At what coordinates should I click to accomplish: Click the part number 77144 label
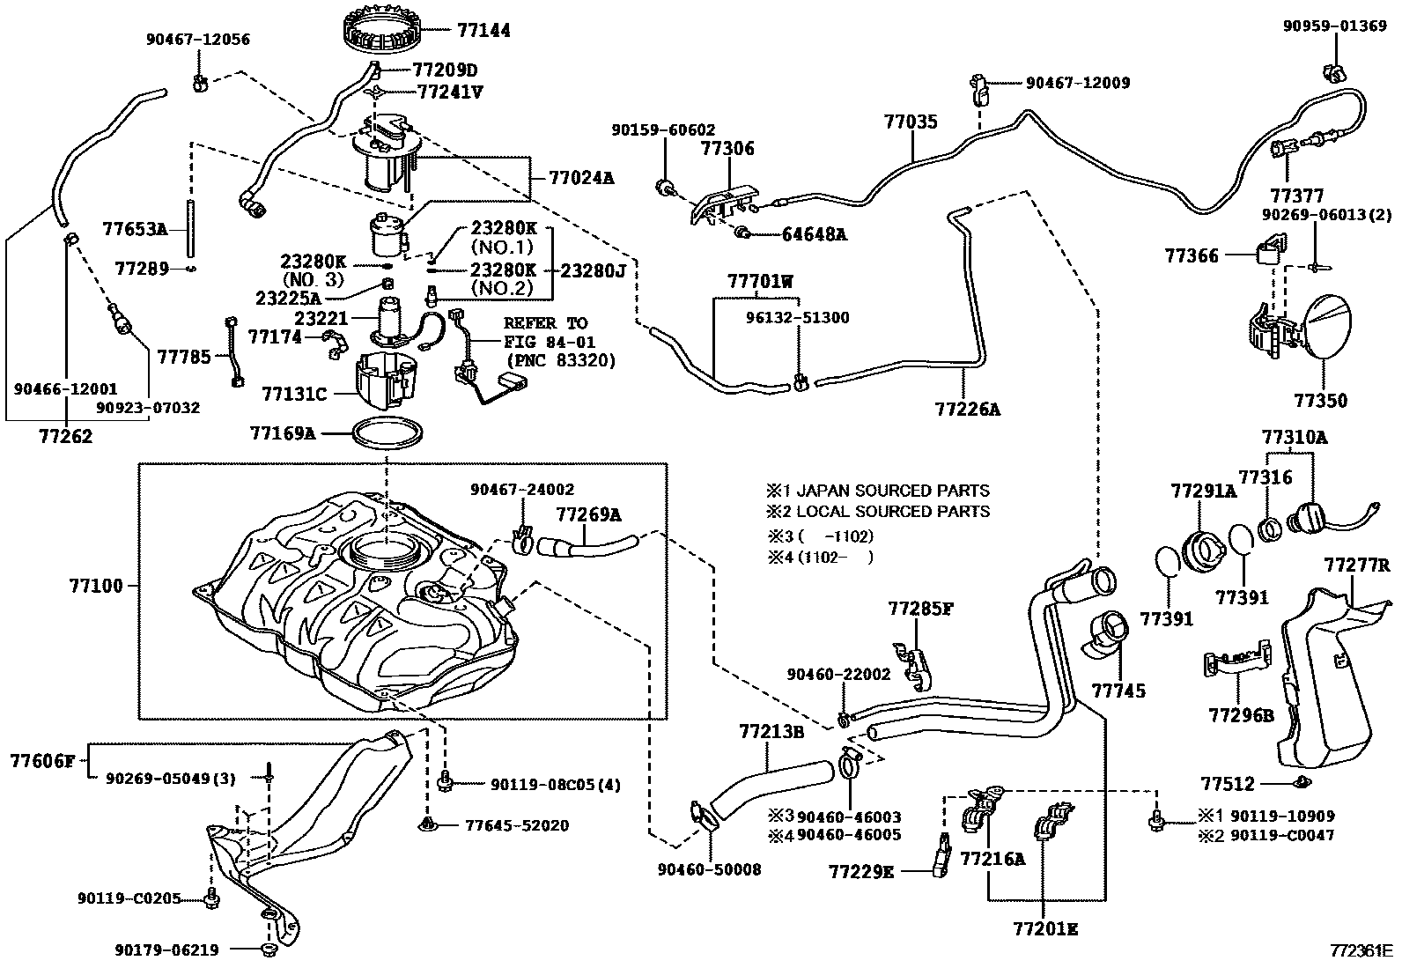coord(483,29)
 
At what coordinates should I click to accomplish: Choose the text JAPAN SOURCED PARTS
coord(892,491)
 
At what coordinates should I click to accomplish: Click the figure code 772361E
coord(1361,951)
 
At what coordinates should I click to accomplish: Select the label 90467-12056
coord(198,40)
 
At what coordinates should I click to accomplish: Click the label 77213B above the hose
coord(771,731)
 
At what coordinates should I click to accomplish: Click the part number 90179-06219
coord(166,950)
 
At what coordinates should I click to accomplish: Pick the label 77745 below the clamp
coord(1119,691)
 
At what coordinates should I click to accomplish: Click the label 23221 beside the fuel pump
coord(321,318)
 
